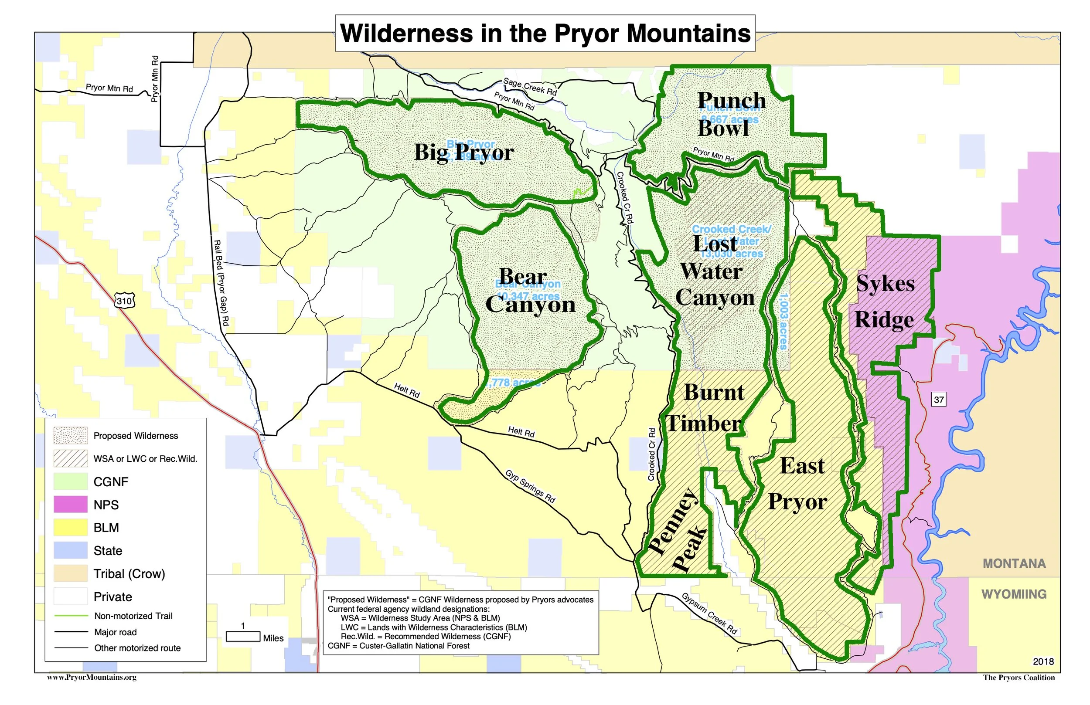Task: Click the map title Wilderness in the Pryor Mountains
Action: click(x=545, y=34)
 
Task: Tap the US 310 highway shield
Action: click(x=125, y=301)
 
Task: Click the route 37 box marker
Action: click(x=938, y=400)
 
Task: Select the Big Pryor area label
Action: click(x=463, y=153)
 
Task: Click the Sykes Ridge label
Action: click(x=885, y=302)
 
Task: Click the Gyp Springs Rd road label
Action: click(x=530, y=487)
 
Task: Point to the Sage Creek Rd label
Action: click(x=530, y=87)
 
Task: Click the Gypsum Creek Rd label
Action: click(x=709, y=614)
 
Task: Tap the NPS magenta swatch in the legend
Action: click(x=71, y=505)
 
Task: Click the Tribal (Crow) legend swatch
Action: click(x=71, y=573)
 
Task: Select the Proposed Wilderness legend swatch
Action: click(x=71, y=436)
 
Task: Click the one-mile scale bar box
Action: click(x=243, y=637)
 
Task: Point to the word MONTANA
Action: click(x=1014, y=563)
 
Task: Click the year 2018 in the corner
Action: click(x=1043, y=662)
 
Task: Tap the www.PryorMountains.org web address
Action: click(x=92, y=678)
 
